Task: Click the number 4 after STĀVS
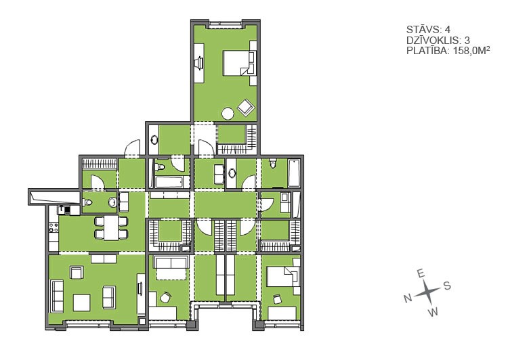coord(448,30)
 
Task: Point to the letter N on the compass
coord(408,298)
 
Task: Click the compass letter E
coord(421,274)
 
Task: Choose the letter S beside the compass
coord(447,286)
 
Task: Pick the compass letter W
coord(433,312)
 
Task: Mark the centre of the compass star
coord(427,292)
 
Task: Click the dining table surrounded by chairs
coord(111,227)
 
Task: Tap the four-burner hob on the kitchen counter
coord(54,227)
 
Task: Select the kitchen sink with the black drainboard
coord(64,210)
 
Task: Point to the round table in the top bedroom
coord(228,113)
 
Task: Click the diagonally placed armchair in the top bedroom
coord(246,106)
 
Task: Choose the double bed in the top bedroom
coord(239,63)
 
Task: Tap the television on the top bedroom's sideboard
coord(200,62)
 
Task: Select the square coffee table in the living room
coord(82,302)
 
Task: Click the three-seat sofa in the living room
coord(58,296)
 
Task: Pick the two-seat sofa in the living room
coord(109,297)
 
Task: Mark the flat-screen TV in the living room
coord(141,288)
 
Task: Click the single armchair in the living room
coord(77,273)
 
